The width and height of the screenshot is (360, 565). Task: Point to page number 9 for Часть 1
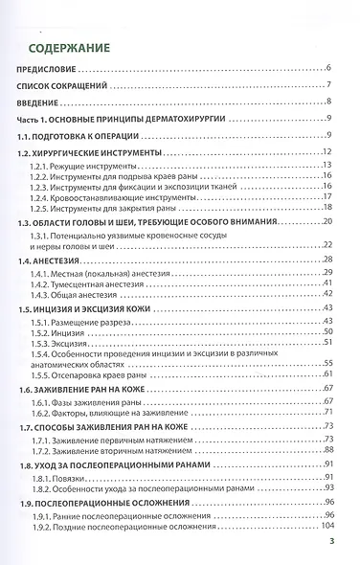[328, 120]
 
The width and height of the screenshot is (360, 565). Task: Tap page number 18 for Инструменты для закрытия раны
[326, 209]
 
